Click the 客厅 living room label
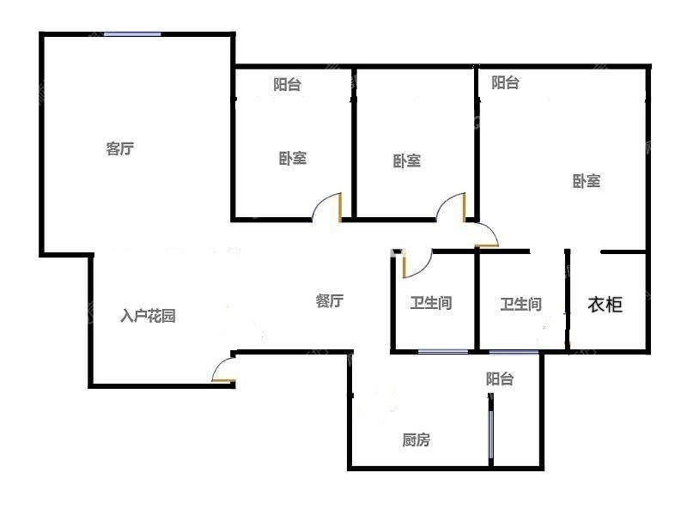(x=119, y=148)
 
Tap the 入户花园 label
(x=148, y=315)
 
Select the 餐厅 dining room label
(x=330, y=300)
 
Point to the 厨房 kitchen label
(x=416, y=439)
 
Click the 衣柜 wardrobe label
(x=605, y=304)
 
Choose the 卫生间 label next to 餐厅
(x=431, y=303)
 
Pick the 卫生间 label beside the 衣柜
(x=521, y=304)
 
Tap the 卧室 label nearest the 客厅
(x=293, y=158)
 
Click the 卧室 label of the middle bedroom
(x=406, y=161)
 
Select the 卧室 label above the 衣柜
(x=587, y=181)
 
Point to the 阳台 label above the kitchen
(x=500, y=379)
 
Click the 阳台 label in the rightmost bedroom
(x=505, y=82)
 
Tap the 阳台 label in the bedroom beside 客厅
(x=287, y=84)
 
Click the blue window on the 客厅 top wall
(x=132, y=33)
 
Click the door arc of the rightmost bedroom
(x=491, y=230)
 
